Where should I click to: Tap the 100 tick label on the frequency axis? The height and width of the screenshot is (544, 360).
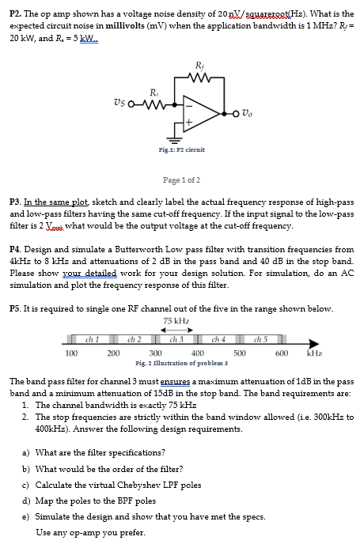70,353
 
